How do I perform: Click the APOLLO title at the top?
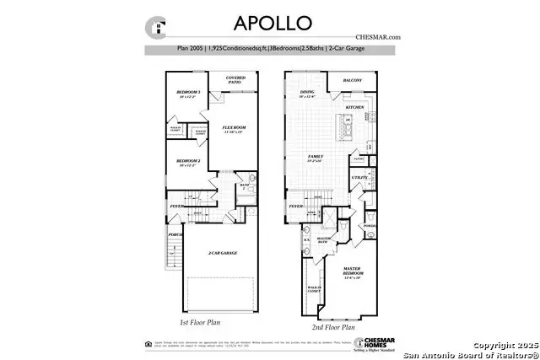pos(270,21)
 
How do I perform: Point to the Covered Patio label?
pos(236,80)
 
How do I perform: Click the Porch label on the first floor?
pos(175,234)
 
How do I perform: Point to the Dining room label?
pos(307,94)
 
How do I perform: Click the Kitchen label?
pos(354,109)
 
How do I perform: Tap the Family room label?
pos(316,157)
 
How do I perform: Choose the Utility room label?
pos(359,178)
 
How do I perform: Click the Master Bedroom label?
pos(353,271)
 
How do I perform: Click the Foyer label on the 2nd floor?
pos(295,205)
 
